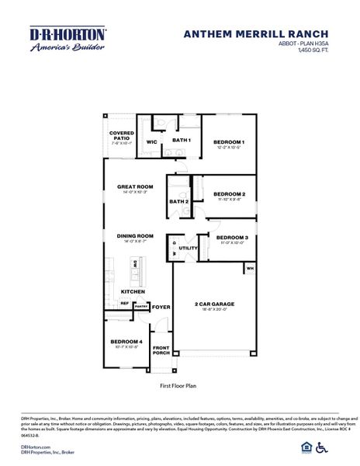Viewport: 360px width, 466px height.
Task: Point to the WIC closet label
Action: point(152,142)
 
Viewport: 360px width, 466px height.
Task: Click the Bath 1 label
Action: point(182,140)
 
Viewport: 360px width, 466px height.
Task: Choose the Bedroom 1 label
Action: point(230,142)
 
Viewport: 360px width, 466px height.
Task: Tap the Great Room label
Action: point(136,186)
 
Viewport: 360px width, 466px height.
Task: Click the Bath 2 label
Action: point(179,202)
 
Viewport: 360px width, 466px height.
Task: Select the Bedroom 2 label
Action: point(230,193)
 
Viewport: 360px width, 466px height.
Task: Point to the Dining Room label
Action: point(136,236)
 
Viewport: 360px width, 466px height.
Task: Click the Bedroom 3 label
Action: point(232,238)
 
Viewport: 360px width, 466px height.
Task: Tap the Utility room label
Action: point(189,248)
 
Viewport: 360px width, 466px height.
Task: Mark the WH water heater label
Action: point(250,268)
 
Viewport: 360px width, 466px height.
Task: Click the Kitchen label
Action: point(133,291)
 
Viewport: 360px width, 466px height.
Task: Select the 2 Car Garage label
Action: point(215,304)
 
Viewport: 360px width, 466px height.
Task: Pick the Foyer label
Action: point(161,307)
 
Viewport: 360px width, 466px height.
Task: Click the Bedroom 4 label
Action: point(126,342)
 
